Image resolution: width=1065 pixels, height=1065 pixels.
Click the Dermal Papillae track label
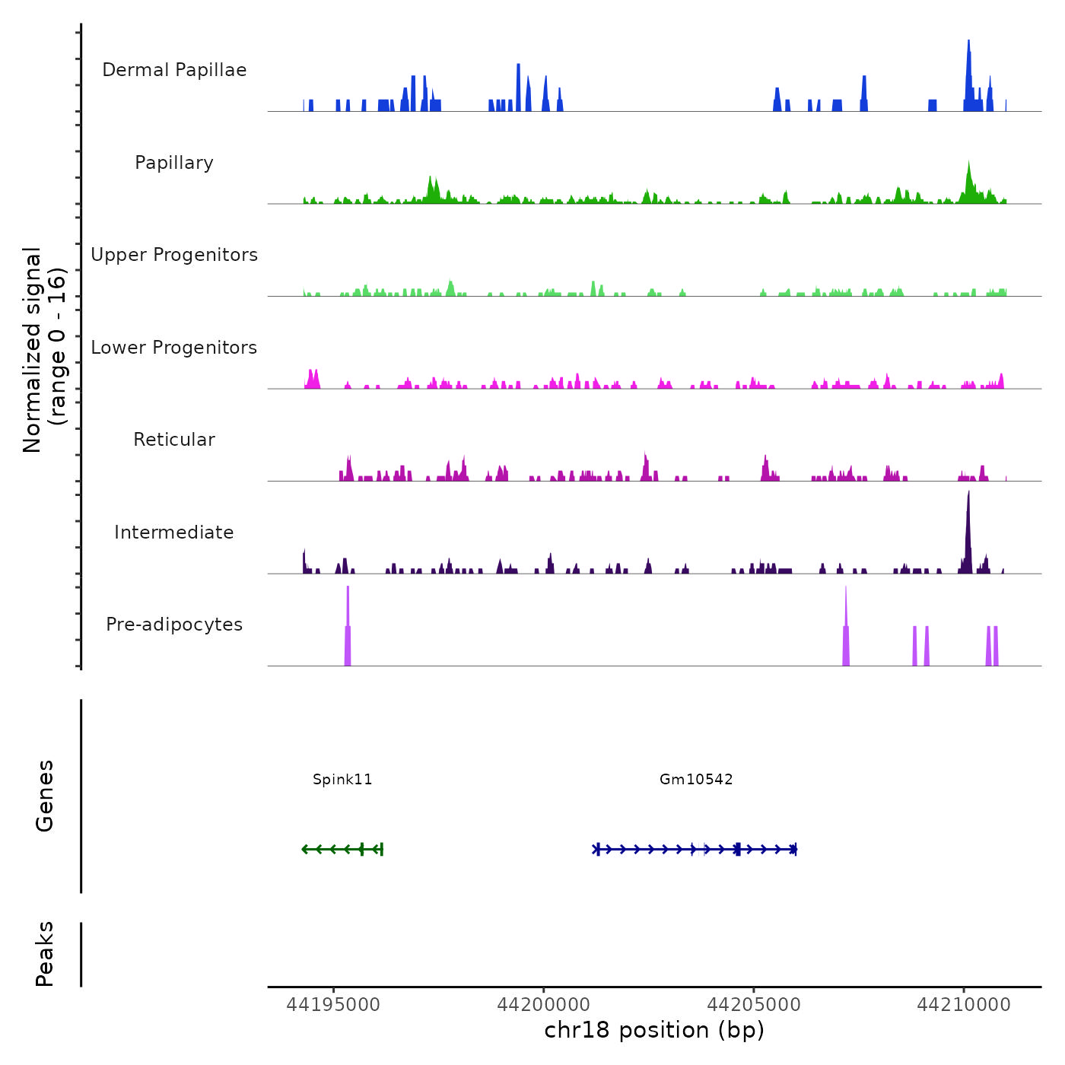pos(174,70)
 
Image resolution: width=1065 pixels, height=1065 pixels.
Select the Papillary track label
pos(174,163)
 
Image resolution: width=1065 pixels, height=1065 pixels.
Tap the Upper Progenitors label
pos(174,255)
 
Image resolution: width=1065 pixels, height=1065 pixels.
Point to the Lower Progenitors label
pos(174,348)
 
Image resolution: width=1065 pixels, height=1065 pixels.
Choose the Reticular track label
pos(174,440)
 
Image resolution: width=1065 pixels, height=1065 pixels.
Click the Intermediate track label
pos(174,532)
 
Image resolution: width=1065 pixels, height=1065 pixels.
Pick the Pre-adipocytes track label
pos(174,625)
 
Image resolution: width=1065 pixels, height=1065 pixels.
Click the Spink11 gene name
pos(342,780)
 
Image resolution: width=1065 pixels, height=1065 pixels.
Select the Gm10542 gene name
pos(696,780)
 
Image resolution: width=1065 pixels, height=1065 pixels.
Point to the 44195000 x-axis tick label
pos(333,1005)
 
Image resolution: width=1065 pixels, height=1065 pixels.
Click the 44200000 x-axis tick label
pos(544,1005)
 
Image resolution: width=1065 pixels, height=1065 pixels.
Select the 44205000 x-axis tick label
pos(754,1005)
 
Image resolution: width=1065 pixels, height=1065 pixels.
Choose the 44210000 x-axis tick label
pos(964,1005)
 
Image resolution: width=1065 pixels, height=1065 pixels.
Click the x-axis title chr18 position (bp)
pos(654,1030)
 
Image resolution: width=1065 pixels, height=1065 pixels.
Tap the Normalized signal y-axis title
pos(44,349)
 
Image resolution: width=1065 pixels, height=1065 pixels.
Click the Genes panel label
pos(45,796)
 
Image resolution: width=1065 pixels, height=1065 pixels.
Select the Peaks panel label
pos(45,954)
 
